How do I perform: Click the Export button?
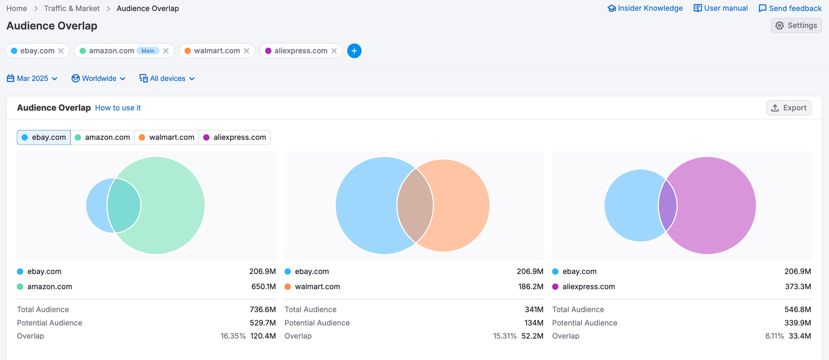789,108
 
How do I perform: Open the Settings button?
796,25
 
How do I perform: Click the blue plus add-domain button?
354,51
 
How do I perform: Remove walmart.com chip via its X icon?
247,51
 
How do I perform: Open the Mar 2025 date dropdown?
32,79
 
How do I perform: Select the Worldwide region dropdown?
98,79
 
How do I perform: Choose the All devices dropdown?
167,79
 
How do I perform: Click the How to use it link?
118,108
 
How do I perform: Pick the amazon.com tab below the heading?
103,137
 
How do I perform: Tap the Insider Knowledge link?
645,8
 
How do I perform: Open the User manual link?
721,8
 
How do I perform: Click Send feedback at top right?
790,8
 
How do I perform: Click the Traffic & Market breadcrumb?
72,8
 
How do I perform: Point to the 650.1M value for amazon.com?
263,286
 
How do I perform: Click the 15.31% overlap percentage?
505,336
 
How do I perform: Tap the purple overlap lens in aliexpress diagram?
667,206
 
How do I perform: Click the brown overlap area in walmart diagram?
415,206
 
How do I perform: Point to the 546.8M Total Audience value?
797,309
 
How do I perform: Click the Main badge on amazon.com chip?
148,51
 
